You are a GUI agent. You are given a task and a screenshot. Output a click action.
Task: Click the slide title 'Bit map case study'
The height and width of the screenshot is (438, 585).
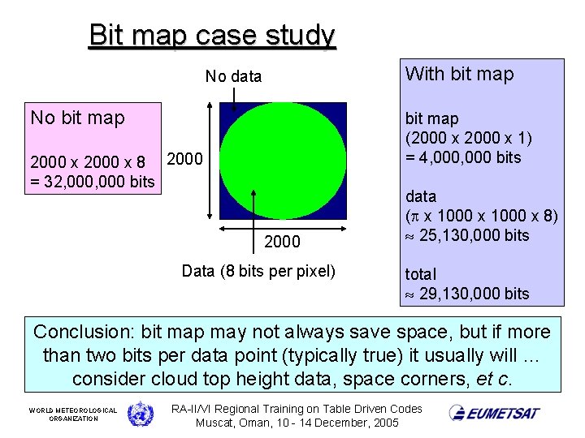click(x=212, y=36)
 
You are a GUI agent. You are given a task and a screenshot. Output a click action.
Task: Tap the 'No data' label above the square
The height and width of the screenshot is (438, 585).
click(x=233, y=77)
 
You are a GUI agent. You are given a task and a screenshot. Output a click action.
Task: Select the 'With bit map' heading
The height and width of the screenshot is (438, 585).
click(x=459, y=75)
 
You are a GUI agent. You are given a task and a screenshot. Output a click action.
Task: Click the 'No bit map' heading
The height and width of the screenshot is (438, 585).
click(x=77, y=118)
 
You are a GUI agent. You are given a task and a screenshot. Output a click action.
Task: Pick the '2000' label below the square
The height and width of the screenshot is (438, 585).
click(x=282, y=242)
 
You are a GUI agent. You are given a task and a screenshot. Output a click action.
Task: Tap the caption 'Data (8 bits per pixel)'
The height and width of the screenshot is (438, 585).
click(x=258, y=271)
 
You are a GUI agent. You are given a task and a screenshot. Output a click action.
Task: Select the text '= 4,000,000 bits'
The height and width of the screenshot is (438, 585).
click(x=462, y=157)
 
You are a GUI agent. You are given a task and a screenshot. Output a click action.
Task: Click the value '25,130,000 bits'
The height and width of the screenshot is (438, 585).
click(x=474, y=235)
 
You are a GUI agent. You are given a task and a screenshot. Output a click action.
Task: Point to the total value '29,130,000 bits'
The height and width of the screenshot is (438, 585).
click(x=474, y=294)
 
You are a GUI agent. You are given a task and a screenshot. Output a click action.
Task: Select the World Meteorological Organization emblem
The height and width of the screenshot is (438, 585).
click(x=140, y=414)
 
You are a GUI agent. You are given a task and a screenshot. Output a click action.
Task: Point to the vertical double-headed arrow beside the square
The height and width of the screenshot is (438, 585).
click(x=210, y=160)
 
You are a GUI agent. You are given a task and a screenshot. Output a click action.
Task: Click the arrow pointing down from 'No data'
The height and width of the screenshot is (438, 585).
click(x=233, y=101)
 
